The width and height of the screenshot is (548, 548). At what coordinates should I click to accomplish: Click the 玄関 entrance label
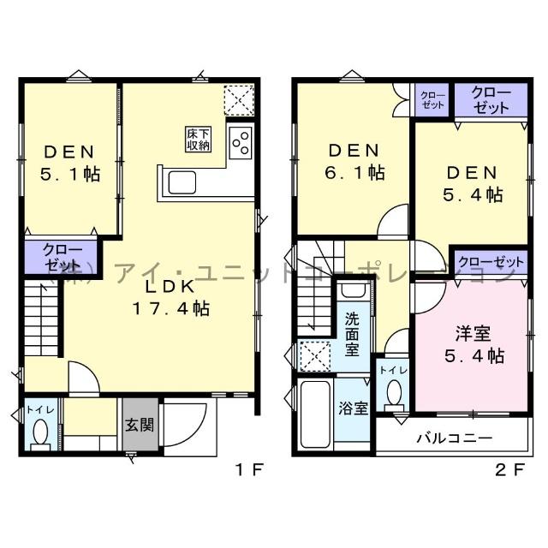tap(140, 424)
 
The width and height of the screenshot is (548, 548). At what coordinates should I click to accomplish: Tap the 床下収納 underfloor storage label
tap(198, 139)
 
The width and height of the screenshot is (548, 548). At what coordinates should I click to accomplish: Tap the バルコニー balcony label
tap(454, 438)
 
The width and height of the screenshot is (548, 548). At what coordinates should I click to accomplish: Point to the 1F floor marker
tap(250, 468)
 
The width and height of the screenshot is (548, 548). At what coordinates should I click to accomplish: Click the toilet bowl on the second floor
tap(394, 395)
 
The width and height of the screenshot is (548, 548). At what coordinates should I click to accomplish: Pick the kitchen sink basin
tap(186, 182)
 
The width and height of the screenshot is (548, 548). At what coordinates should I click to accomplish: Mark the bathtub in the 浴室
tap(317, 418)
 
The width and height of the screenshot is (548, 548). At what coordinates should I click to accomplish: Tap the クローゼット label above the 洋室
tap(490, 261)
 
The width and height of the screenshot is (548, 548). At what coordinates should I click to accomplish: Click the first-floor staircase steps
tap(40, 320)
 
